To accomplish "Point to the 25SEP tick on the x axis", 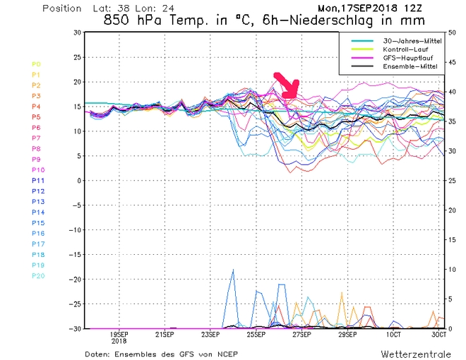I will [x=256, y=335].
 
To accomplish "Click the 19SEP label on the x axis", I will [x=119, y=335].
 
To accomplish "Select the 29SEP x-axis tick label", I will [x=347, y=335].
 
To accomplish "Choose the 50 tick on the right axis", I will [x=453, y=32].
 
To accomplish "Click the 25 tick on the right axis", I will [x=453, y=181].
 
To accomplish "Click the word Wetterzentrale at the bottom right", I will [x=412, y=352].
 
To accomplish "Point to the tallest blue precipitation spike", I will [x=232, y=271].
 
